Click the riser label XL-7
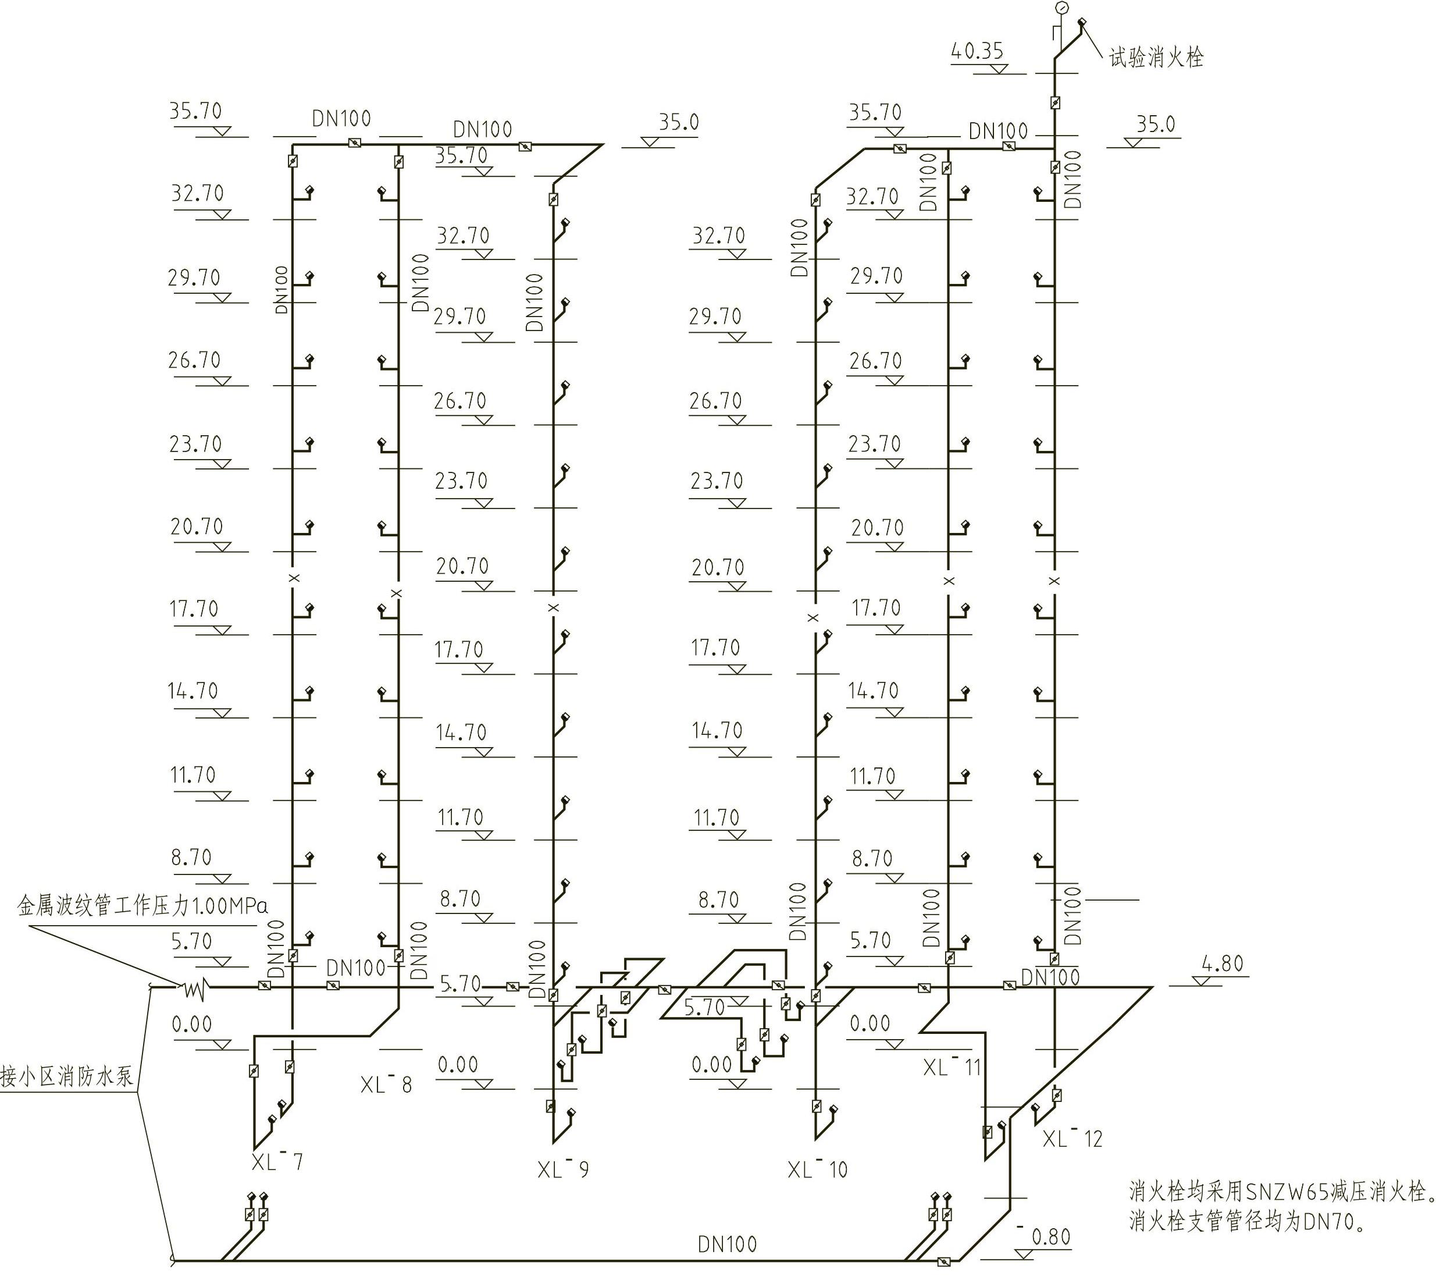[277, 1162]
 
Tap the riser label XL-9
[563, 1169]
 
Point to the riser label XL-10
[818, 1169]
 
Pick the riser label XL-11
[952, 1067]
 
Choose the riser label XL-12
[1072, 1138]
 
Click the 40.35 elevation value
[977, 51]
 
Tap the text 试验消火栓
[1157, 58]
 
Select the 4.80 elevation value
[1224, 963]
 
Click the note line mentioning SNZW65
[1280, 1192]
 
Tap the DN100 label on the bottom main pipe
[728, 1244]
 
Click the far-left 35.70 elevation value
[195, 111]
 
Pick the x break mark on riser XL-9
[554, 607]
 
